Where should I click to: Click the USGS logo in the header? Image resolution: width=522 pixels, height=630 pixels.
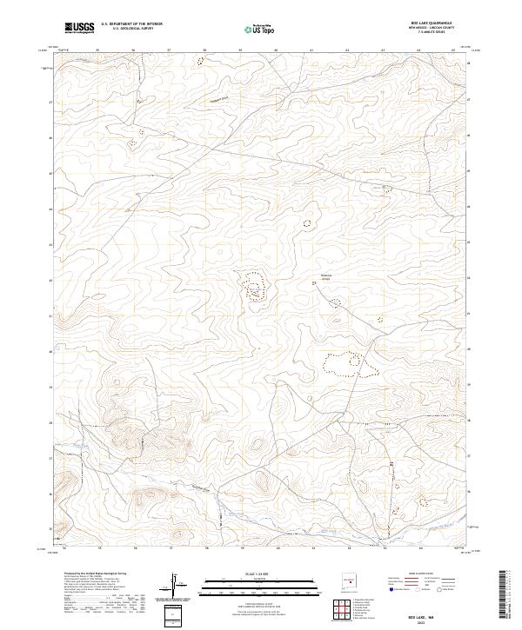pos(79,28)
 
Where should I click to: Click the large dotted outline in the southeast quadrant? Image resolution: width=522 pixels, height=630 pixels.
pos(358,363)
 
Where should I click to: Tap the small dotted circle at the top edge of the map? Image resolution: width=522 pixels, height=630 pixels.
pos(201,62)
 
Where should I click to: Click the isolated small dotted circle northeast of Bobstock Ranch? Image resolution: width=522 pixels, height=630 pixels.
pos(306,223)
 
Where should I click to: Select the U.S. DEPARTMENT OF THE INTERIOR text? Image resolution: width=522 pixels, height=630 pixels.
pos(131,24)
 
